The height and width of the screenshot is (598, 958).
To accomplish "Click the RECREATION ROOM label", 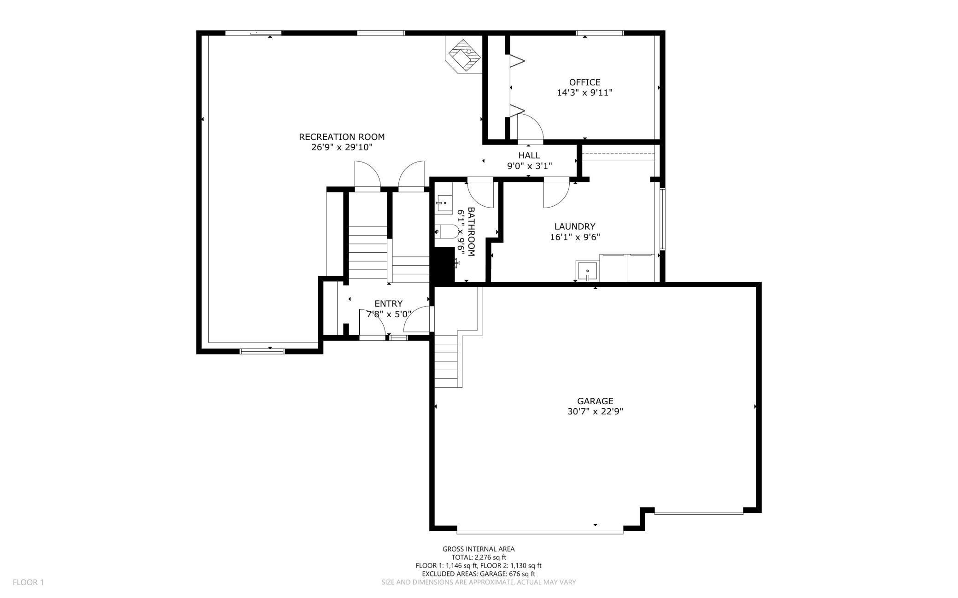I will (341, 137).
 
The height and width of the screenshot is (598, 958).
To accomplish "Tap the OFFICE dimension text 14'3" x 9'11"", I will (584, 93).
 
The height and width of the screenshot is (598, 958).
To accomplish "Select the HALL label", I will (529, 156).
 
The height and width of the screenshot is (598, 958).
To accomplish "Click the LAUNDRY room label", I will (574, 226).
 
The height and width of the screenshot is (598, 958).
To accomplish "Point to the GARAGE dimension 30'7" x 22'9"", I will (595, 412).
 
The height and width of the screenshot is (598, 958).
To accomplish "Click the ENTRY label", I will (388, 303).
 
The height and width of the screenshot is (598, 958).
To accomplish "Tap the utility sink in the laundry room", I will (587, 271).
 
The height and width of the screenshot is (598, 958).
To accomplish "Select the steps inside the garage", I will (445, 361).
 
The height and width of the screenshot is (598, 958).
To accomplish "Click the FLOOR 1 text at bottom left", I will (28, 582).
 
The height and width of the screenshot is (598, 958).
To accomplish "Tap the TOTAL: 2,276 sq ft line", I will (479, 557).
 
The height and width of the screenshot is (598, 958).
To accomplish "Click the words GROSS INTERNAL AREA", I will (479, 549).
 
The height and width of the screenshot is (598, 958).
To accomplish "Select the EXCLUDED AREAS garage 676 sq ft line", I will (479, 574).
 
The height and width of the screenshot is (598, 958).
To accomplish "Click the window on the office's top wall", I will (600, 33).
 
